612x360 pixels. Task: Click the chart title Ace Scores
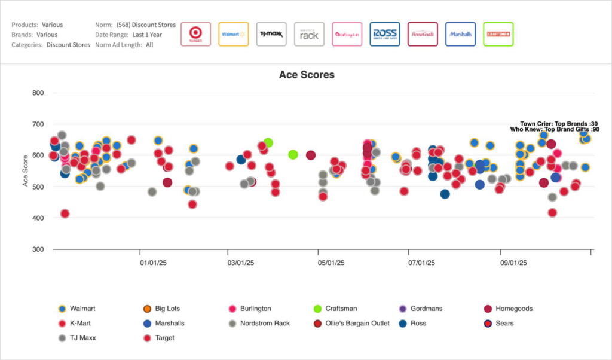coord(307,75)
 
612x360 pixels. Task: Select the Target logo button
coord(195,34)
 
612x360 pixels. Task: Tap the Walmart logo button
coord(233,34)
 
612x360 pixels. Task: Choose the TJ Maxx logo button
coord(271,34)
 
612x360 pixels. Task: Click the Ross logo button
coord(385,34)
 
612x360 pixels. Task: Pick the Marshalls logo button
coord(460,34)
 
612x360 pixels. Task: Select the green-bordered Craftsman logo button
coord(498,34)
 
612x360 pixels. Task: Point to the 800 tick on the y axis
coord(38,93)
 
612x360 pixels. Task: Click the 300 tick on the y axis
coord(38,249)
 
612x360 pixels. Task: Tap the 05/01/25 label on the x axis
coord(331,263)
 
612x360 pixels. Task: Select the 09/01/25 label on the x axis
coord(513,263)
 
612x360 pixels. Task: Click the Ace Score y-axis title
coord(26,171)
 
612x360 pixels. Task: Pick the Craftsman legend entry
coord(341,309)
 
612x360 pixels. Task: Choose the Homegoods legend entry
coord(513,309)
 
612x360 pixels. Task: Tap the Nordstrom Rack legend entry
coord(265,323)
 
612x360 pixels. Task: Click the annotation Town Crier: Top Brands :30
coord(559,123)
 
